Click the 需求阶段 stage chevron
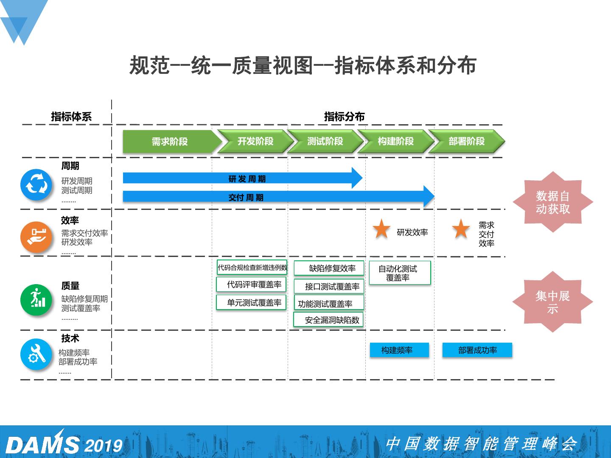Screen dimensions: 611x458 pyautogui.click(x=170, y=142)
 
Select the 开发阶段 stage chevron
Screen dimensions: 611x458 pyautogui.click(x=255, y=142)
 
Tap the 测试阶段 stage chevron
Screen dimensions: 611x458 pyautogui.click(x=325, y=142)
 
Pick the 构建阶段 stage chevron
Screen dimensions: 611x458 pyautogui.click(x=396, y=142)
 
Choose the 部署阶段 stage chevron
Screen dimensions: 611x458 pyautogui.click(x=467, y=142)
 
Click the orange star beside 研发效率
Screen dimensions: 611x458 pyautogui.click(x=381, y=229)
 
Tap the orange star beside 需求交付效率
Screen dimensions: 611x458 pyautogui.click(x=460, y=229)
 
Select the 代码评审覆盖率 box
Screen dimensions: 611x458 pyautogui.click(x=252, y=285)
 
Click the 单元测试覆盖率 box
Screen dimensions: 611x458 pyautogui.click(x=252, y=303)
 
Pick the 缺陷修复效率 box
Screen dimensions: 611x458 pyautogui.click(x=329, y=268)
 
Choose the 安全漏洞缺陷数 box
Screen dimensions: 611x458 pyautogui.click(x=328, y=320)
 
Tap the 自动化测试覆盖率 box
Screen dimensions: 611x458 pyautogui.click(x=399, y=273)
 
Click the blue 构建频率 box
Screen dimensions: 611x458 pyautogui.click(x=399, y=350)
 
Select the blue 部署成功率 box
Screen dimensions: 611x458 pyautogui.click(x=477, y=350)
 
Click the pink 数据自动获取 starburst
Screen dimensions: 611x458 pyautogui.click(x=552, y=202)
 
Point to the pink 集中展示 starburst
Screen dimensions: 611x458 pyautogui.click(x=552, y=302)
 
